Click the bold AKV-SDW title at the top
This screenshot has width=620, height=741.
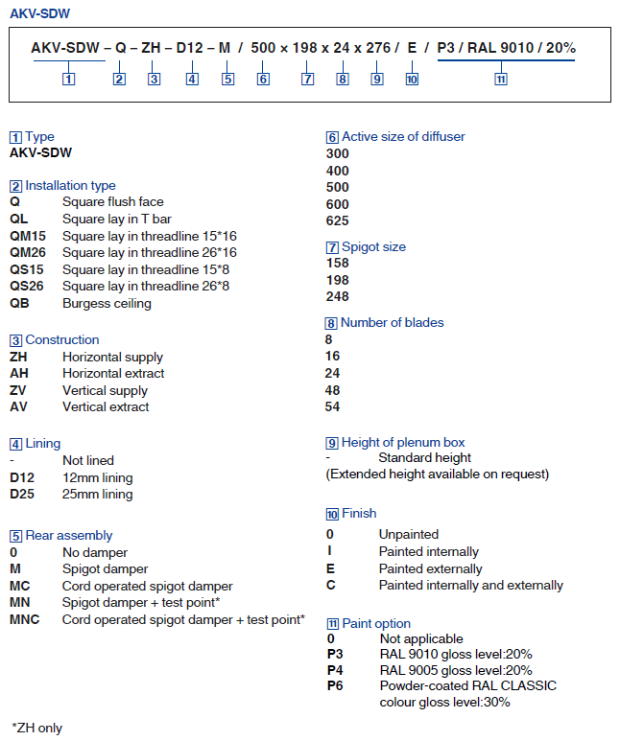coord(39,13)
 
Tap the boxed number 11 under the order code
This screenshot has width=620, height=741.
coord(500,79)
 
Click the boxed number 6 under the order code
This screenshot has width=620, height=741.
coord(262,79)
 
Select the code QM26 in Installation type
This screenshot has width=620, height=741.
coord(28,252)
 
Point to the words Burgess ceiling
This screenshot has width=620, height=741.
coord(107,303)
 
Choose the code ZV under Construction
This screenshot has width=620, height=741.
coord(19,390)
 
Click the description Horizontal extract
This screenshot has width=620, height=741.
coord(113,373)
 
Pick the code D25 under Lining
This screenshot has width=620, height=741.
coord(23,494)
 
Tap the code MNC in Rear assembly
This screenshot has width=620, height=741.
coord(26,619)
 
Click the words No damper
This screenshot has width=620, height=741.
coord(95,552)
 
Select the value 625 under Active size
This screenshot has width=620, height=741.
coord(338,220)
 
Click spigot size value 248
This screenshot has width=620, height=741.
coord(338,297)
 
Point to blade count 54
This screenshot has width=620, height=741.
coord(333,406)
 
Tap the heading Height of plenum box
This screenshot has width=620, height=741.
coord(402,442)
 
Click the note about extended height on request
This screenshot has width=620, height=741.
coord(438,474)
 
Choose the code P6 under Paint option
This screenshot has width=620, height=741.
coord(335,685)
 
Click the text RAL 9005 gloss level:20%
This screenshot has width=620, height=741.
coord(456,670)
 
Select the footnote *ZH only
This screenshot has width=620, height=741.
coord(36,728)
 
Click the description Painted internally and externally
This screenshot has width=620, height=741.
coord(470,585)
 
